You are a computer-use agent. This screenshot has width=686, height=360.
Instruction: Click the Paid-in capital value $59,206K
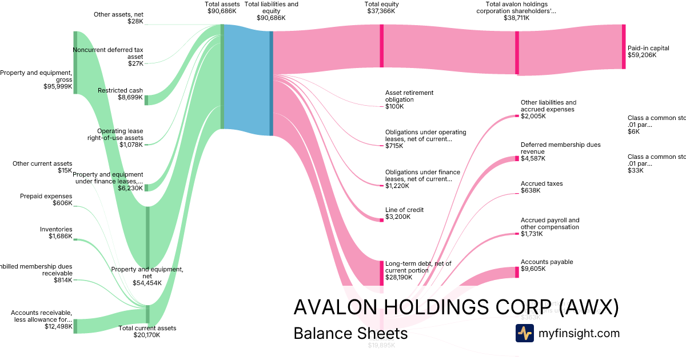pyautogui.click(x=644, y=55)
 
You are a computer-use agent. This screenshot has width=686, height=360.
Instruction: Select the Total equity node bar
pyautogui.click(x=381, y=46)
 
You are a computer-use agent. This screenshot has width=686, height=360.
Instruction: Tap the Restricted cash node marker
pyautogui.click(x=146, y=100)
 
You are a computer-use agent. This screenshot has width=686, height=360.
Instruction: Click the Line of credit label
pyautogui.click(x=404, y=210)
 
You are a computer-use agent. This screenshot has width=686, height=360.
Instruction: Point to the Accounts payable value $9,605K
pyautogui.click(x=533, y=269)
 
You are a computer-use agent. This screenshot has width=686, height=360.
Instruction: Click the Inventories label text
pyautogui.click(x=56, y=229)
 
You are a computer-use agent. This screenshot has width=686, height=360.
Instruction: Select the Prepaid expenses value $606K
pyautogui.click(x=62, y=203)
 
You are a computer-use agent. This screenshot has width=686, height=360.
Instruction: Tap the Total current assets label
pyautogui.click(x=147, y=328)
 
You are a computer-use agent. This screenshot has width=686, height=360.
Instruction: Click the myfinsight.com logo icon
pyautogui.click(x=524, y=333)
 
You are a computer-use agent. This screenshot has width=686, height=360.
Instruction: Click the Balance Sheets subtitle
pyautogui.click(x=350, y=333)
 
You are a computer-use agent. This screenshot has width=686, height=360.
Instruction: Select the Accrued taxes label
pyautogui.click(x=541, y=183)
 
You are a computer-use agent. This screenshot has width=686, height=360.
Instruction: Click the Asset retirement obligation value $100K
pyautogui.click(x=394, y=106)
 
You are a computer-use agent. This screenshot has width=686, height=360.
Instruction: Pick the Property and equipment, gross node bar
pyautogui.click(x=75, y=62)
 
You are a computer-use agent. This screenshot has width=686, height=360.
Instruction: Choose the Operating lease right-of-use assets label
pyautogui.click(x=120, y=134)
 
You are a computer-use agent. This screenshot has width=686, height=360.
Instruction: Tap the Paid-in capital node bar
pyautogui.click(x=624, y=47)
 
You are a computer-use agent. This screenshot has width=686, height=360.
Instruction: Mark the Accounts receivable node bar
pyautogui.click(x=75, y=326)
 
